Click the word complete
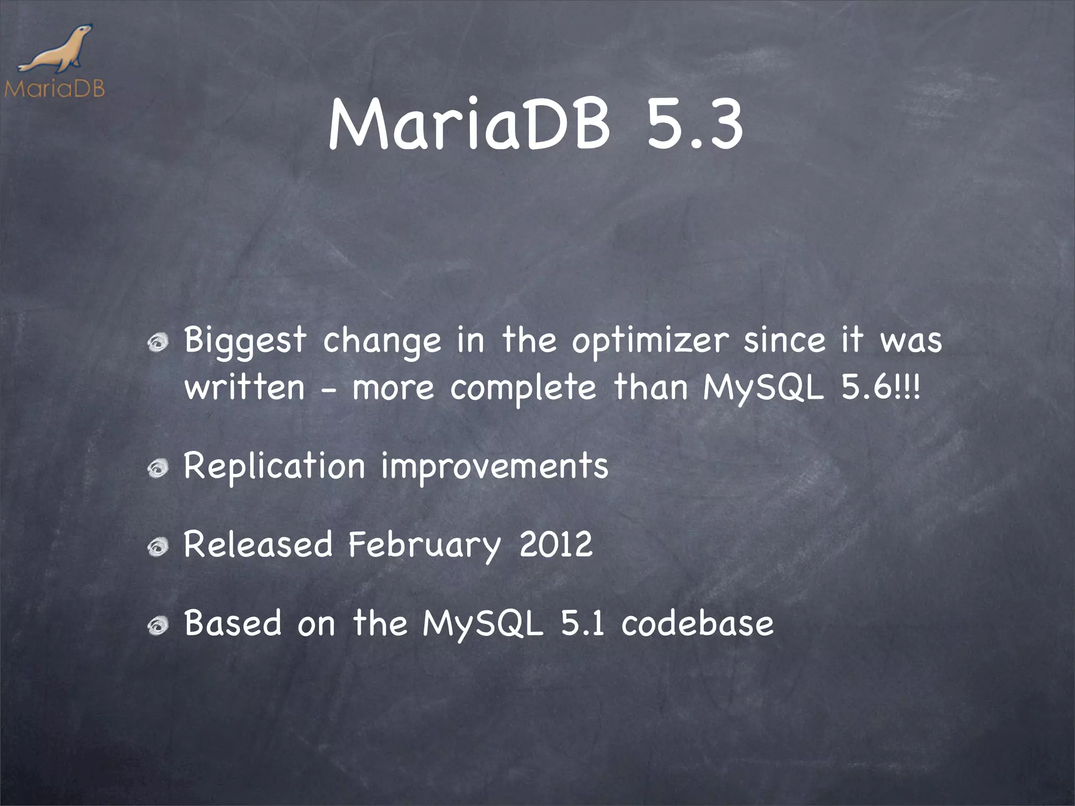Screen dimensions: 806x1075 point(523,388)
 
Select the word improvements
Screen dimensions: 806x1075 point(494,466)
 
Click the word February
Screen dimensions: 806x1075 point(424,545)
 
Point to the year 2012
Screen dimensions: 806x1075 point(556,545)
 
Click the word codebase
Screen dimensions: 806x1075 point(697,623)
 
